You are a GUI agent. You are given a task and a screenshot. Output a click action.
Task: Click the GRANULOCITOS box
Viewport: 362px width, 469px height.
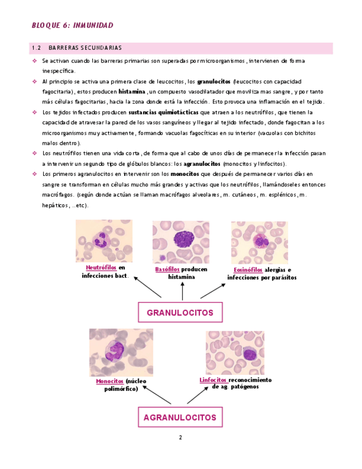pos(180,312)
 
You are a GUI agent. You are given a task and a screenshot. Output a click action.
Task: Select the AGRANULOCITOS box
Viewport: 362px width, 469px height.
pos(180,416)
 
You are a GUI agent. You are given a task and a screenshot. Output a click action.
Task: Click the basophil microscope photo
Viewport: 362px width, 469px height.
pos(181,242)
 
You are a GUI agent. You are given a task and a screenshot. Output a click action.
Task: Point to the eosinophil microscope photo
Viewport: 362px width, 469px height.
pos(259,242)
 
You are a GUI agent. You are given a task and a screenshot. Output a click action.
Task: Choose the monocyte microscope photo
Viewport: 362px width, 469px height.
pos(121,352)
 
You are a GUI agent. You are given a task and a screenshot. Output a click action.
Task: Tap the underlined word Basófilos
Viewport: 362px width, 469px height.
pos(167,269)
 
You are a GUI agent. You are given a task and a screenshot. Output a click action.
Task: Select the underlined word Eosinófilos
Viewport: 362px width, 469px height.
pos(244,270)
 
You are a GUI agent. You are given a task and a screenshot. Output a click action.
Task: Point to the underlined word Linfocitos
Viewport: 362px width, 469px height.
pos(213,380)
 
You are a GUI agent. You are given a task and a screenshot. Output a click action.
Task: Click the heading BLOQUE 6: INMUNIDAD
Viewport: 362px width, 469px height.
pos(72,25)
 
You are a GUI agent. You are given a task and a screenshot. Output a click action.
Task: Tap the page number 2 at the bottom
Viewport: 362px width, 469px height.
pos(180,437)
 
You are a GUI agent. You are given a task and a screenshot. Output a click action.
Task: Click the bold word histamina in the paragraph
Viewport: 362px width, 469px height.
pos(132,91)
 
